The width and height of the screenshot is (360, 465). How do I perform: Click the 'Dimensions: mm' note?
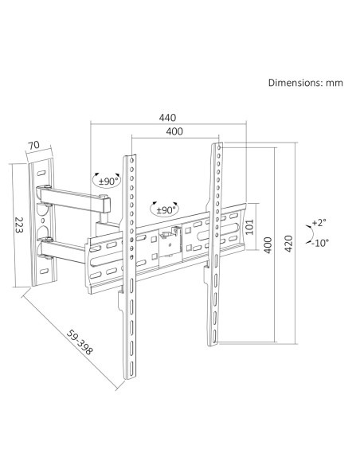point(305,83)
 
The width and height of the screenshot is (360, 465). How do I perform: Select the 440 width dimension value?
point(167,118)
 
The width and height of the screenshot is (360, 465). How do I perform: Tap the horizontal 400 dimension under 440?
point(174,131)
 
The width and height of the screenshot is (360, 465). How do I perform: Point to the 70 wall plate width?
point(33,145)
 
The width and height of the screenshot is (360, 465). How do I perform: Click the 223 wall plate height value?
point(19,225)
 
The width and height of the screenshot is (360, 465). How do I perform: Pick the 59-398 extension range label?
point(80,342)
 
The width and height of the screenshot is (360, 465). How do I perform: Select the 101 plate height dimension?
point(250,227)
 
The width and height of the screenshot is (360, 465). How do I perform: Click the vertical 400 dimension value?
point(268,245)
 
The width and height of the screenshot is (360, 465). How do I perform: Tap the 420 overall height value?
point(288,244)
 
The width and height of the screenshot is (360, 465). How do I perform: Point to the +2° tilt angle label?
point(319,222)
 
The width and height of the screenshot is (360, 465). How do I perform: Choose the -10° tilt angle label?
point(320,243)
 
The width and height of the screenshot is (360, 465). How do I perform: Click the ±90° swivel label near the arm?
point(108,182)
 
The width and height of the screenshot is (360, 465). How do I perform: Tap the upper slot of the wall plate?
point(41,173)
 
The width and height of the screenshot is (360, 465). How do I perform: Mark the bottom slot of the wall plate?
point(44,271)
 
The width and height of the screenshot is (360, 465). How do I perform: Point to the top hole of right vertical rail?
point(219,147)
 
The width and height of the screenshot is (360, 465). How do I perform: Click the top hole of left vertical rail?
point(131,160)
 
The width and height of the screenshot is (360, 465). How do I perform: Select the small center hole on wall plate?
point(42,221)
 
